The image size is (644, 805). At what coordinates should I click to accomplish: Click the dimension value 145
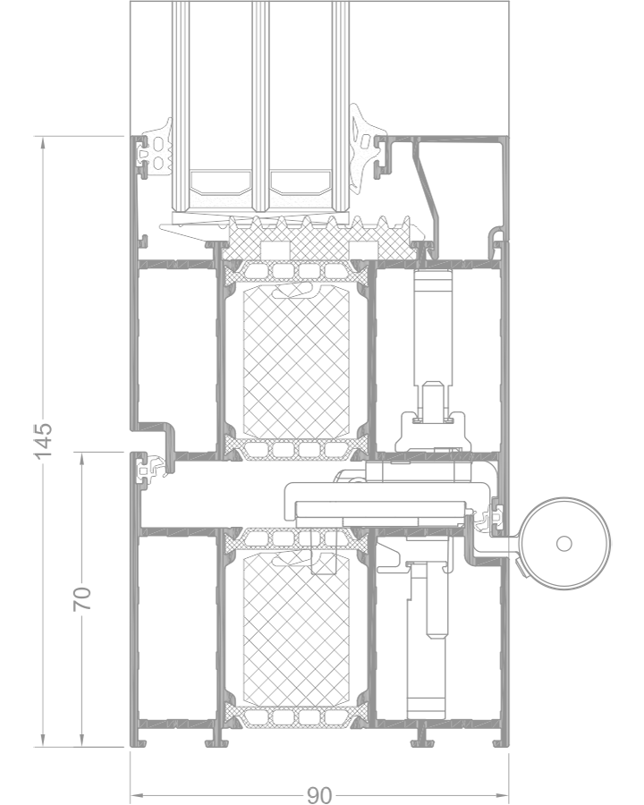pos(43,440)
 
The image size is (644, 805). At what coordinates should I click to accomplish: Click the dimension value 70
pos(82,598)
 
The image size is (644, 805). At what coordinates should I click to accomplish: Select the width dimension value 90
pos(319,795)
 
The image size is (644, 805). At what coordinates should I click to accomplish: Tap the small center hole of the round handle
pos(563,543)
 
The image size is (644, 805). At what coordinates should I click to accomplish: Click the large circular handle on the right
pos(565,543)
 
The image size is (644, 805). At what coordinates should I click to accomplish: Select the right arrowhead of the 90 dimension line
pos(503,795)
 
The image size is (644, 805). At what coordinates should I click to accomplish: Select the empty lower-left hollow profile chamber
pos(176,627)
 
